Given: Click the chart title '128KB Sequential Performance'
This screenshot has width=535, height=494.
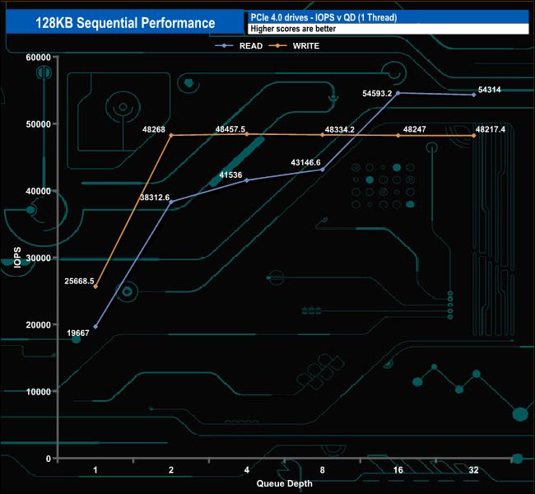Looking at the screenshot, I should click(126, 23).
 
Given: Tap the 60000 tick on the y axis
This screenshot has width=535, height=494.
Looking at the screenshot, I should click(38, 57).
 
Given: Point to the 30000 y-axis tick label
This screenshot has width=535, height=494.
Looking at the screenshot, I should click(38, 258).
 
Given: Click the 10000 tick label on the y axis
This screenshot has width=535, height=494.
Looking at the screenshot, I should click(38, 391).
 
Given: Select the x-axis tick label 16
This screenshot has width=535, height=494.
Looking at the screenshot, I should click(398, 471).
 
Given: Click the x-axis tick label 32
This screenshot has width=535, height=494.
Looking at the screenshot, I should click(474, 471).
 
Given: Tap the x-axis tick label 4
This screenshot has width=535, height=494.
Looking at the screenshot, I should click(247, 471).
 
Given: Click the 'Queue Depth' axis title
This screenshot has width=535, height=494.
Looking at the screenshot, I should click(285, 483).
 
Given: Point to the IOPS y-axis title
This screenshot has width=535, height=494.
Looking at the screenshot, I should click(13, 258).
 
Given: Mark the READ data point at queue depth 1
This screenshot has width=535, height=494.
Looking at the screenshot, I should click(95, 327).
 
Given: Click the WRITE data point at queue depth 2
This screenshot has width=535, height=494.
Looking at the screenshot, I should click(171, 135).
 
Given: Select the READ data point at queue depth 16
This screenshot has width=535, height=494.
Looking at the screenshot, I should click(398, 93).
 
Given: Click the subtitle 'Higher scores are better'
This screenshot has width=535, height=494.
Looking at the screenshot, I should click(293, 29).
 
